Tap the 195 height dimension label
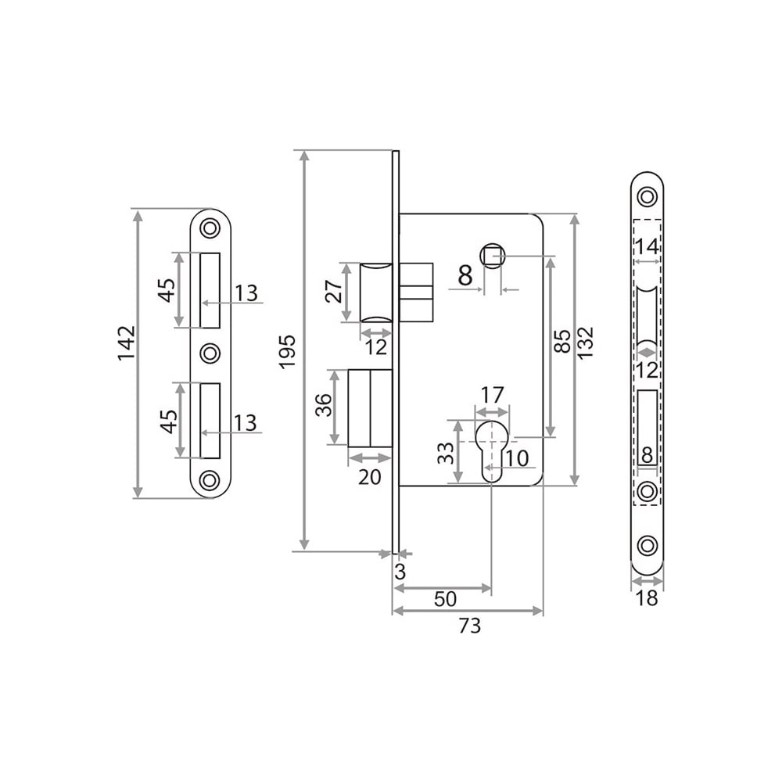287,352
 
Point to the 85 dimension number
562,341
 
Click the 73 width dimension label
469,625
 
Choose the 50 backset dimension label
445,598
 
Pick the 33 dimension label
446,454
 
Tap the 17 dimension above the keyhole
492,395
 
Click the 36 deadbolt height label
325,405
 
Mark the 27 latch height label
335,291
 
